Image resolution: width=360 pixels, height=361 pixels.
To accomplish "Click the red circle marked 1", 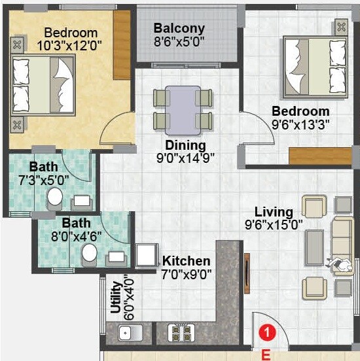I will (266, 333).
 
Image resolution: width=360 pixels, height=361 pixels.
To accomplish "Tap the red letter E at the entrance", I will (265, 354).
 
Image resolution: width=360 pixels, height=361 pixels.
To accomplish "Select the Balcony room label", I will (179, 29).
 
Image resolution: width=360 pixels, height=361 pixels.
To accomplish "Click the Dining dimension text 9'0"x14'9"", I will (186, 157).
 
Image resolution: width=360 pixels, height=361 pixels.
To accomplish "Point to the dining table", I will (183, 109).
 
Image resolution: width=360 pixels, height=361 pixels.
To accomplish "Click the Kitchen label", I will (187, 261).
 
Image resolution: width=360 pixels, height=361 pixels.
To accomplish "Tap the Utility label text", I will (117, 298).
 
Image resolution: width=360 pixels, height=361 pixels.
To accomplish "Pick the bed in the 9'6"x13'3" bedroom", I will (312, 66).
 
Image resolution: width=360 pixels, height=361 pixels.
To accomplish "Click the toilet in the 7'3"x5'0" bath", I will (56, 196).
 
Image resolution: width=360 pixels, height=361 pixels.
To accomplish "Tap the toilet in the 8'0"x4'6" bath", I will (90, 254).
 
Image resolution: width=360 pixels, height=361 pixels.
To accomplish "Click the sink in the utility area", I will (126, 334).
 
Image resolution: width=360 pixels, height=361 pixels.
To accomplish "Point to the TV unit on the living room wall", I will (247, 269).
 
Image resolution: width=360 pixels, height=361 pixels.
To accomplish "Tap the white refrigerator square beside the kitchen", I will (147, 256).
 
